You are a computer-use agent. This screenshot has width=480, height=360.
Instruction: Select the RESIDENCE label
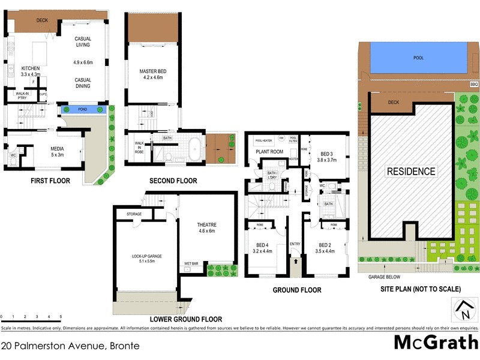pos(410,172)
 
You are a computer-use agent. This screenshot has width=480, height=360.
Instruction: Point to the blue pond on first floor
pos(85,110)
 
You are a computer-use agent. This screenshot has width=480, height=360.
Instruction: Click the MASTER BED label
pos(152,72)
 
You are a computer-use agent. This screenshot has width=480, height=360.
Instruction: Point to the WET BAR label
pos(191,263)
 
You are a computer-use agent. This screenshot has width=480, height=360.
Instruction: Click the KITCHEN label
pos(30,68)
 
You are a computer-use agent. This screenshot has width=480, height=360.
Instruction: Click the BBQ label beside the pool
pos(473,84)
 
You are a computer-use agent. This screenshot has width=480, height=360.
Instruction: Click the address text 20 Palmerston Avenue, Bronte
pos(70,346)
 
